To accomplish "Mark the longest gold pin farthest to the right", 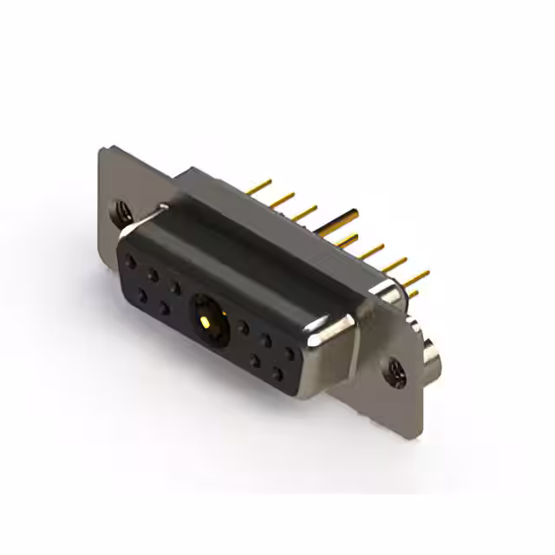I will pyautogui.click(x=415, y=278).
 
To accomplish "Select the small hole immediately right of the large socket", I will pyautogui.click(x=244, y=329).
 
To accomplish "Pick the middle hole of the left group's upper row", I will pyautogui.click(x=153, y=275).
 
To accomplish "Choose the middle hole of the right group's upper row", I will pyautogui.click(x=267, y=342).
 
